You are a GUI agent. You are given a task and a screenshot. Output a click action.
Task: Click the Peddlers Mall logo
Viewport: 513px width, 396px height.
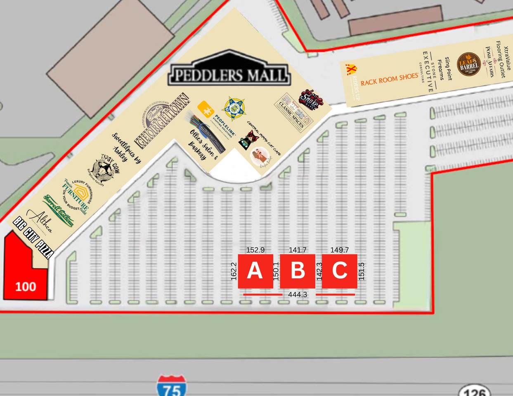click(x=229, y=74)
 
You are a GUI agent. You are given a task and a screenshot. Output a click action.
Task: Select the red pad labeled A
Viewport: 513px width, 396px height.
click(x=255, y=271)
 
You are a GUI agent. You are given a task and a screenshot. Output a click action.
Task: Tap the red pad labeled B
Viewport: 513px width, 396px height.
click(x=298, y=271)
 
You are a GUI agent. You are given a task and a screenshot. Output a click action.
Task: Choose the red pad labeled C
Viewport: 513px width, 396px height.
click(x=339, y=271)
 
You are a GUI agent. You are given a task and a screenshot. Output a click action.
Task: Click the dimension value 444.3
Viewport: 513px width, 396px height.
click(x=298, y=295)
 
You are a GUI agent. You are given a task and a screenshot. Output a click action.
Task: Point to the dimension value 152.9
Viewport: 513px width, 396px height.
click(x=255, y=250)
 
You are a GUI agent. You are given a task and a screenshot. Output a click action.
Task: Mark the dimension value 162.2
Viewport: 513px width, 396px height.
click(x=234, y=271)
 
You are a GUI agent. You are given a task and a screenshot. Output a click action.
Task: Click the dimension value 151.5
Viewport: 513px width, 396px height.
click(x=362, y=271)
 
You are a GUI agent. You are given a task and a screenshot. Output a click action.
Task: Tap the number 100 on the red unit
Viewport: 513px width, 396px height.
click(x=26, y=286)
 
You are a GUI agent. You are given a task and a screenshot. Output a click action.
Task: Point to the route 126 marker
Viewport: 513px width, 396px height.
click(x=475, y=391)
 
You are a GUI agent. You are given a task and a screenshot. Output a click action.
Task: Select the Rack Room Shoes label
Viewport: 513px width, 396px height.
click(x=389, y=79)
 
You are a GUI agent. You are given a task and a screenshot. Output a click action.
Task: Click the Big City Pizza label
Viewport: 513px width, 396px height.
click(x=33, y=237)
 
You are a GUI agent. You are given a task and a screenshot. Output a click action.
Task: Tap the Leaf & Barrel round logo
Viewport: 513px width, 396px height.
click(x=468, y=64)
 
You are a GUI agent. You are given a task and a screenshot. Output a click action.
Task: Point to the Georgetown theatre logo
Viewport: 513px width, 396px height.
click(x=162, y=120)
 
